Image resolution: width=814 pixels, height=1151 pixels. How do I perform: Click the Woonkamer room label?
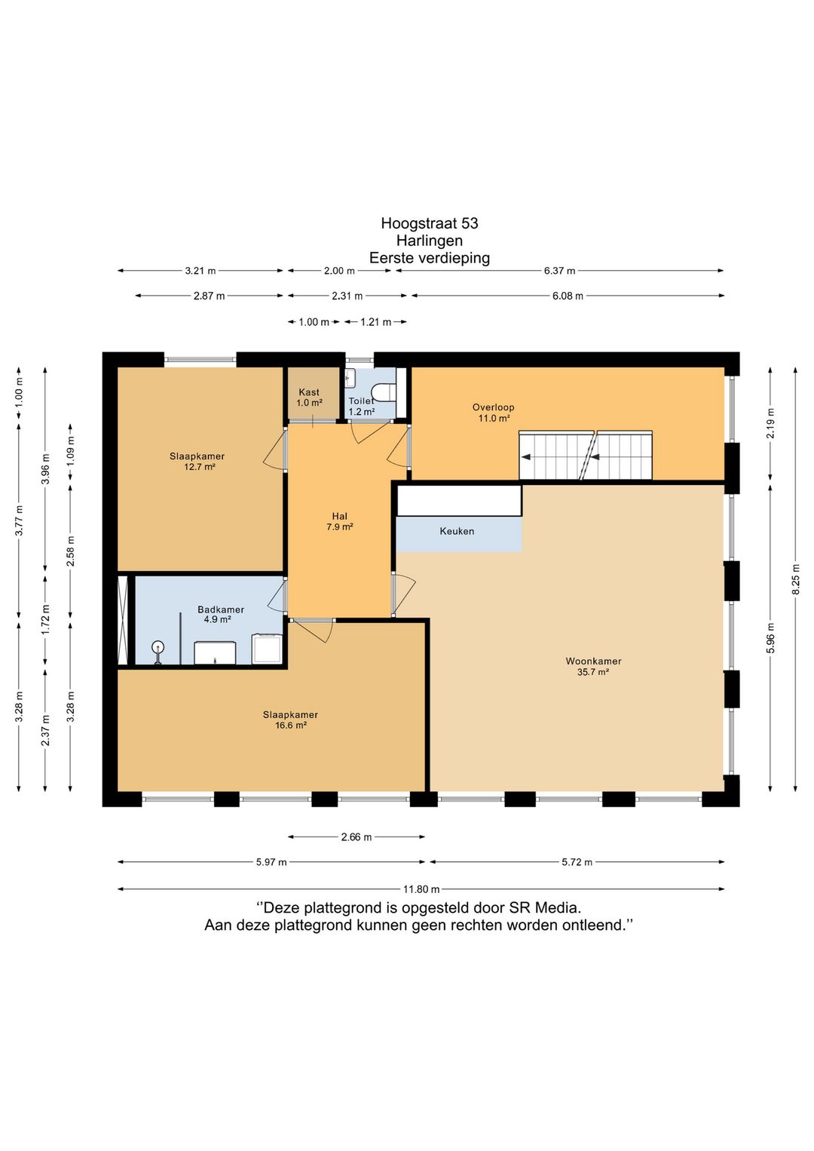coord(593,667)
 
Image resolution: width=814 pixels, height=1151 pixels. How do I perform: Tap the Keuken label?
coord(457,531)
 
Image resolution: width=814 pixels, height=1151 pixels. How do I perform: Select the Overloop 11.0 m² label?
coord(493,413)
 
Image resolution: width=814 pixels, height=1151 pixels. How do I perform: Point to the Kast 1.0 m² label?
coord(309,397)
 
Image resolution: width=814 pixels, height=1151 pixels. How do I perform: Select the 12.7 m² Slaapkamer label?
coord(197,462)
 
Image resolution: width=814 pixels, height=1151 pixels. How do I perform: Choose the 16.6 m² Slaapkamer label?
coord(290,720)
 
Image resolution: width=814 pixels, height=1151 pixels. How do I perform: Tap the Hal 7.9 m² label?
coord(339,521)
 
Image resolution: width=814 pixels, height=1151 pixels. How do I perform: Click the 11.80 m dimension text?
coord(421,889)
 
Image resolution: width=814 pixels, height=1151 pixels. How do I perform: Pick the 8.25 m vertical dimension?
coord(795,579)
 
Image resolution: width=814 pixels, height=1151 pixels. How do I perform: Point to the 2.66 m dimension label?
coord(357,837)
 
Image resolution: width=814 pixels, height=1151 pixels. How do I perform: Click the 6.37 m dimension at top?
coord(559,271)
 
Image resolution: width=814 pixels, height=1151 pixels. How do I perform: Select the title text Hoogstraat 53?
coord(430,223)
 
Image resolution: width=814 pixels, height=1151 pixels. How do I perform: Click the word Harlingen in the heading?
coord(430,241)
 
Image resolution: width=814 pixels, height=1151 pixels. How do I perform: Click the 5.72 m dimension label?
coord(577,862)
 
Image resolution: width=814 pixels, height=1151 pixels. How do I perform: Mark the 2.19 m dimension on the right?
coord(770,423)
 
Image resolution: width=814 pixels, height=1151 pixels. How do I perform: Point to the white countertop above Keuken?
coord(459,501)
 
